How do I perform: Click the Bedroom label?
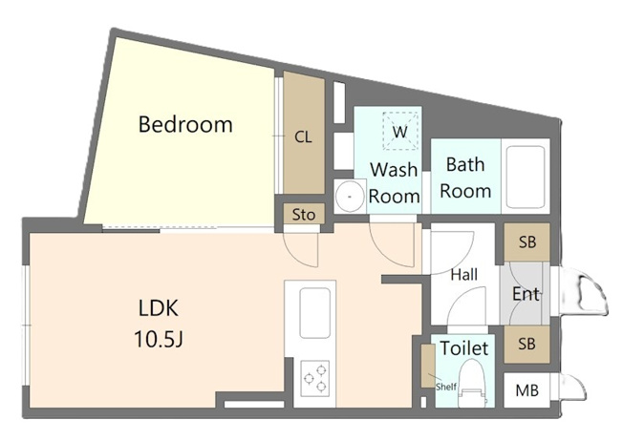(185, 124)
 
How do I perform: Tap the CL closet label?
(303, 137)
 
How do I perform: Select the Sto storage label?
(304, 215)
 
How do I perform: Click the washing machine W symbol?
(400, 132)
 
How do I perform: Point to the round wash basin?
(350, 197)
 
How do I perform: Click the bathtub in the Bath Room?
(526, 177)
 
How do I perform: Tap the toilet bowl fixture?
(472, 383)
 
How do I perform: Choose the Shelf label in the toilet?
(446, 387)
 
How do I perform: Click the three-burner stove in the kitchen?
(314, 378)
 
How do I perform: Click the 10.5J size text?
(159, 339)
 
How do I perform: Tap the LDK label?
(158, 307)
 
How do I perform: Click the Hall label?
(463, 274)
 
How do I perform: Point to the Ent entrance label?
(526, 294)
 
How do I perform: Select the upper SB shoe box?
(527, 242)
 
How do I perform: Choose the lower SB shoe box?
(526, 344)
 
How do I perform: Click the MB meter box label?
(526, 390)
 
